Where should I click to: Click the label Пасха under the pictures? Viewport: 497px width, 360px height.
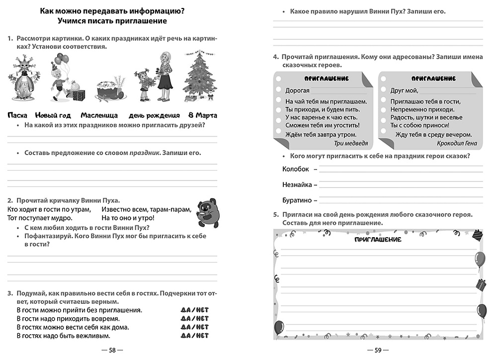click(17, 115)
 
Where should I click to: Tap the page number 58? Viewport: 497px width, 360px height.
click(112, 350)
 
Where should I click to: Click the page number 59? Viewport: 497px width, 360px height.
click(378, 350)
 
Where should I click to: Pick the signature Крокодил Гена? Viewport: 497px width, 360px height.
click(457, 143)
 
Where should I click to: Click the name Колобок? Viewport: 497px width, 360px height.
click(295, 169)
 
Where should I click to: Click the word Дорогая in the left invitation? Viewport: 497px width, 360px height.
click(298, 90)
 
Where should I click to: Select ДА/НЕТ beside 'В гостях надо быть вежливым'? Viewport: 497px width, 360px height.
click(195, 336)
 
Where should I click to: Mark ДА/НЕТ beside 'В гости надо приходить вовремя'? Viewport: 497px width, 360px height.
click(195, 318)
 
